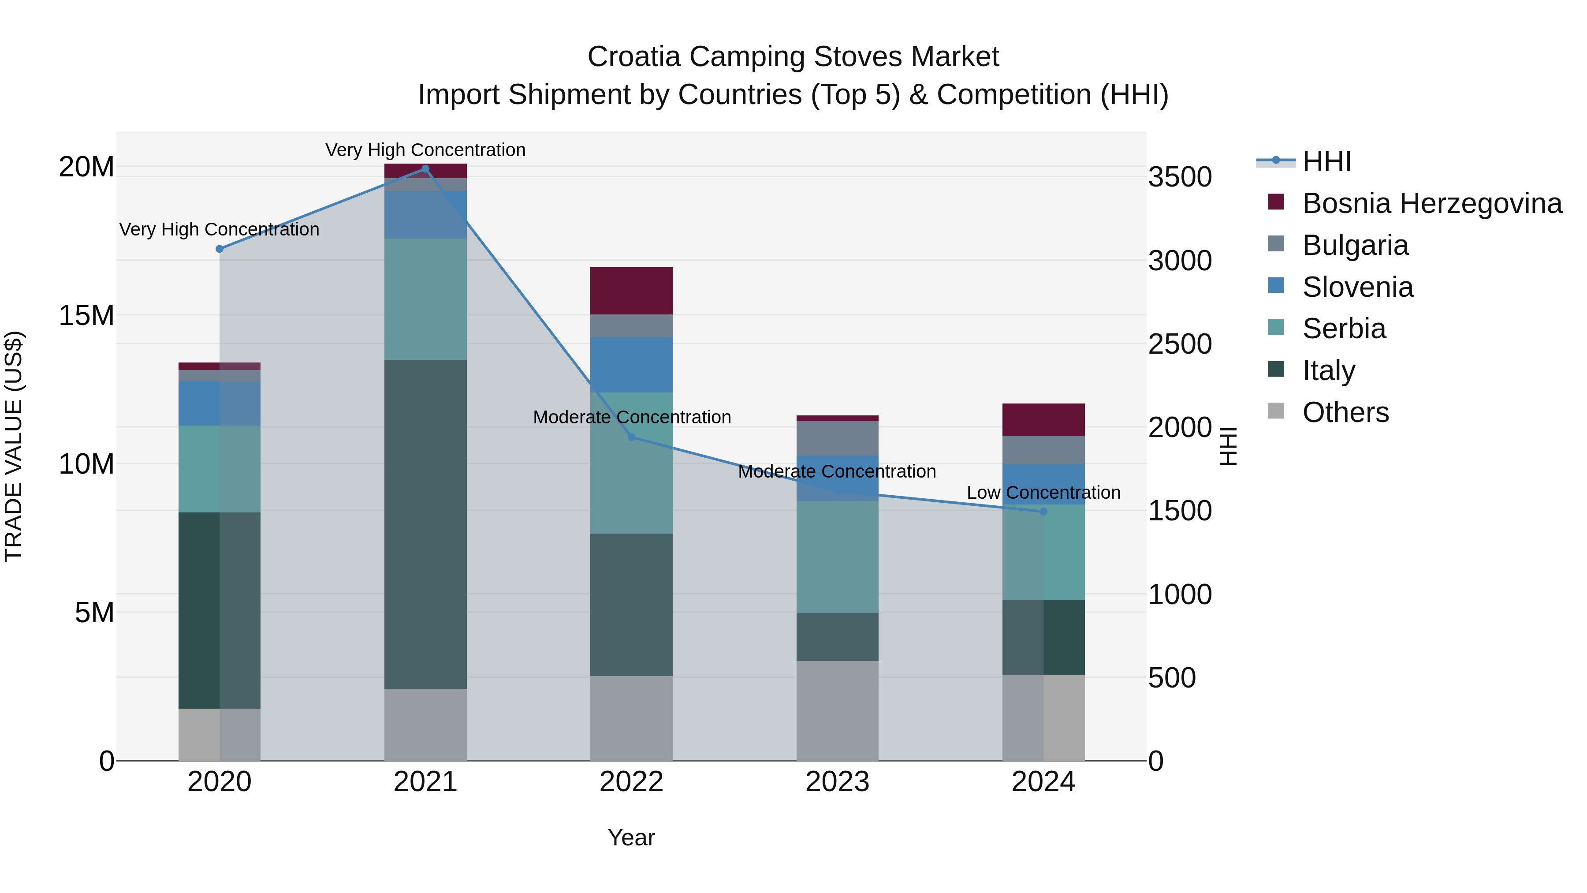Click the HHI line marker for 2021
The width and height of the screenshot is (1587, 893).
coord(425,169)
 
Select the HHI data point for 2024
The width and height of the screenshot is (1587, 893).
coord(1043,512)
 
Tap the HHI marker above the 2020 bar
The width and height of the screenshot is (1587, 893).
coord(220,249)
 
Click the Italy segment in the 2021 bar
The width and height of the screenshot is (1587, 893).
coord(425,524)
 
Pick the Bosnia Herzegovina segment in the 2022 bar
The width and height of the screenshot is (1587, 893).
coord(631,291)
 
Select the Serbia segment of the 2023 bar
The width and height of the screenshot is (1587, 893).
coord(837,557)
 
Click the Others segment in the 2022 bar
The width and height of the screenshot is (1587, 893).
coord(631,718)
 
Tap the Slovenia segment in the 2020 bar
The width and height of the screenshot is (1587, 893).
coord(220,403)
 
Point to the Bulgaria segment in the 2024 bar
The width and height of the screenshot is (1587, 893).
coord(1043,450)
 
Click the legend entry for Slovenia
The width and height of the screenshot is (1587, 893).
coord(1357,287)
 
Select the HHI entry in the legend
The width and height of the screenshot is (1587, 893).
coord(1326,161)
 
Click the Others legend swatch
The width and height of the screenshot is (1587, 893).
coord(1276,411)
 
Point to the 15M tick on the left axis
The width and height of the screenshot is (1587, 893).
coord(86,316)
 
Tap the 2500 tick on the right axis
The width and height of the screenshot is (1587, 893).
coord(1180,344)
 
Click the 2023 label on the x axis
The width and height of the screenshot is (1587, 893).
coord(837,782)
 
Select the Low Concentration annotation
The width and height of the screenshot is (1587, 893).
coord(1043,493)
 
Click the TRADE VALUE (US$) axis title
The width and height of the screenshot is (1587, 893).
coord(14,446)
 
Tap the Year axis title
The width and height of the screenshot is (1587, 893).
coord(631,837)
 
